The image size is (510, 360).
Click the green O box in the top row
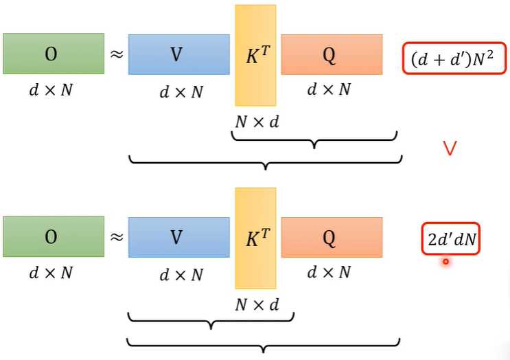(54, 54)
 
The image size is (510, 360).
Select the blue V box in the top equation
(178, 54)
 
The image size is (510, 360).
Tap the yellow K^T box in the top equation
(255, 55)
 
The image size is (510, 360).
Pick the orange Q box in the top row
(331, 54)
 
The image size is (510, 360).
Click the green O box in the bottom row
(54, 237)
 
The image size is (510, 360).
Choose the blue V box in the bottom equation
(178, 237)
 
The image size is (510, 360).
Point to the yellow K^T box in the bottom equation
(255, 237)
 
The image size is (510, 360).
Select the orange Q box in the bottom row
(331, 237)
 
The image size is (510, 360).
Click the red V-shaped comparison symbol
(450, 148)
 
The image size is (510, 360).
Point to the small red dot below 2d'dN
(445, 261)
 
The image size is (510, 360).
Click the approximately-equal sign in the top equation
(117, 53)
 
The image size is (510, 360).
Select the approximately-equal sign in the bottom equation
(117, 236)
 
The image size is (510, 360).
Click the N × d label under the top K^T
(256, 122)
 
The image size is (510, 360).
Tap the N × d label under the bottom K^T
(256, 304)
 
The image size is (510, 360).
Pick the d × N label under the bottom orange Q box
(329, 272)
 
